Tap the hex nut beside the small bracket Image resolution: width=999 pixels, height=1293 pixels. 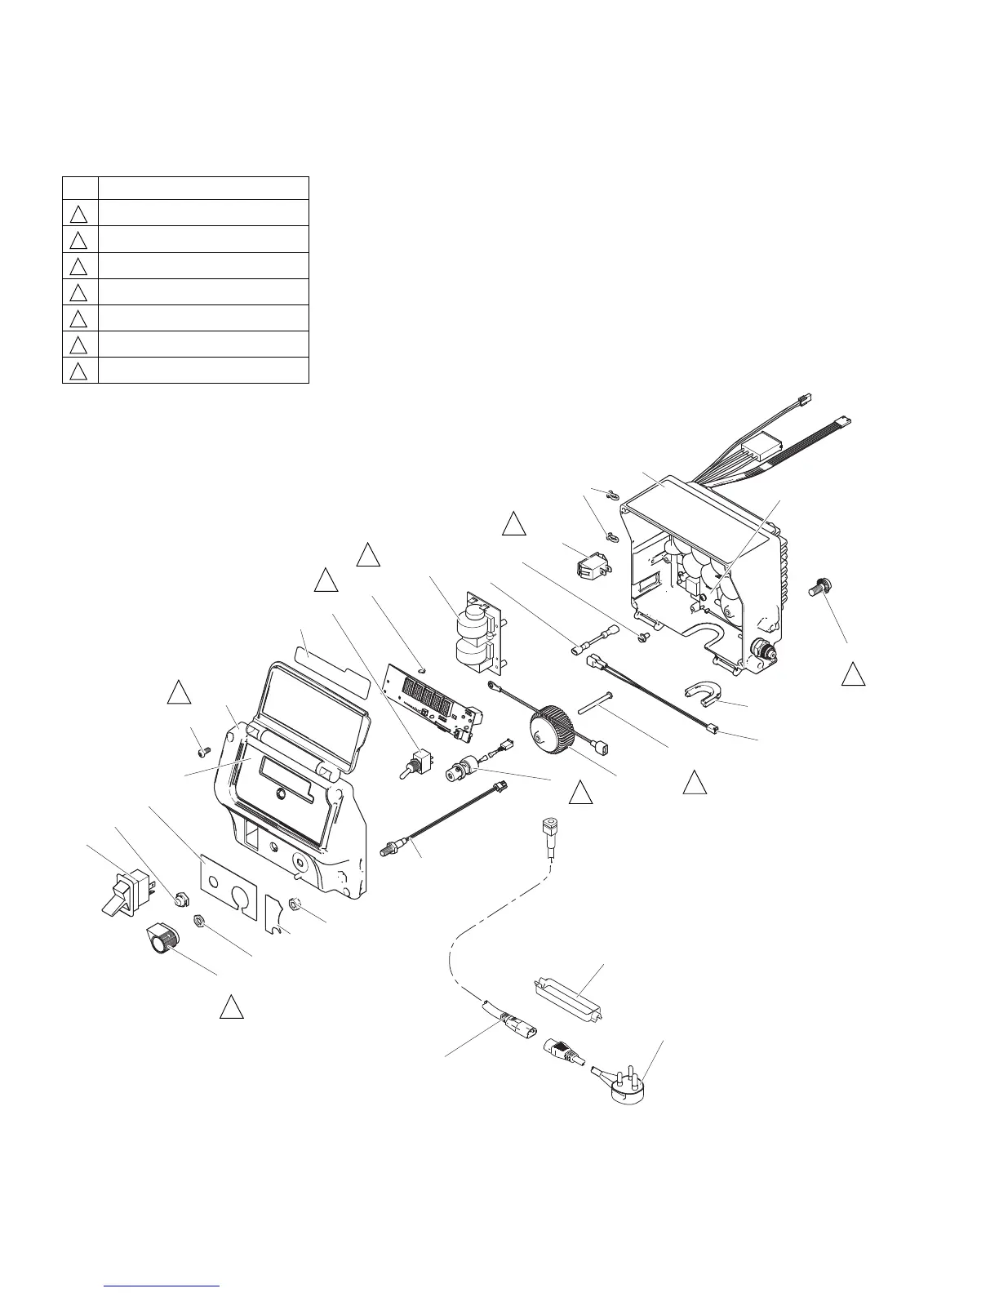(x=297, y=905)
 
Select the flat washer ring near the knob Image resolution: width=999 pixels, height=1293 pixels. (x=198, y=920)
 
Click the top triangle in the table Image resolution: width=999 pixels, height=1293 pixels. (x=78, y=214)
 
